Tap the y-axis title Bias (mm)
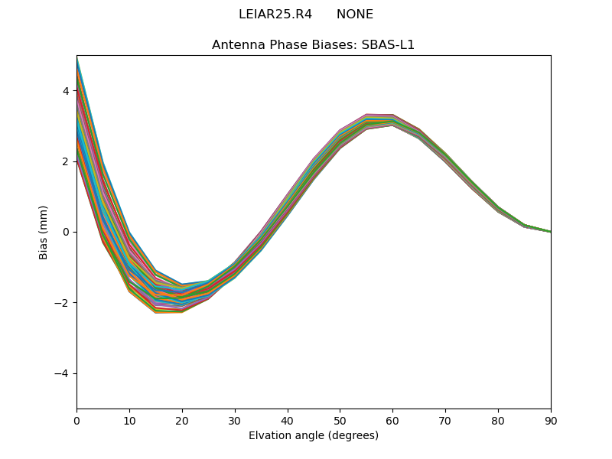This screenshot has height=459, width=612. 44,232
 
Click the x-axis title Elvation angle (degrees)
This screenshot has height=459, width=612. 314,436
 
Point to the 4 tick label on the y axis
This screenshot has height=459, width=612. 65,91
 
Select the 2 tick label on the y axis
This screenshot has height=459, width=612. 65,161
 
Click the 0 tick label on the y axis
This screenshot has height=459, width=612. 65,232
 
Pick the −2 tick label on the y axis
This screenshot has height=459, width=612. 62,303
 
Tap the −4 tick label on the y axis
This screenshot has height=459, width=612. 62,373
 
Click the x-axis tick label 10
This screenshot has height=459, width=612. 129,420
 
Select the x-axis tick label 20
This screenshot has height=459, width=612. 182,420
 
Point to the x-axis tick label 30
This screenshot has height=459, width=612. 235,420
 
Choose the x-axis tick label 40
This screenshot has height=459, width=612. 288,420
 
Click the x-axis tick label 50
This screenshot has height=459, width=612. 340,420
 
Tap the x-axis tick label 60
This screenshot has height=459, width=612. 392,420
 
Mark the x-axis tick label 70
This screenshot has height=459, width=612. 445,420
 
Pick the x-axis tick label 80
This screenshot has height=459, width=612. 498,420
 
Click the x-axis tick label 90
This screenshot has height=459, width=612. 551,420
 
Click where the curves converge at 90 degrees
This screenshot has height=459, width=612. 550,231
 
